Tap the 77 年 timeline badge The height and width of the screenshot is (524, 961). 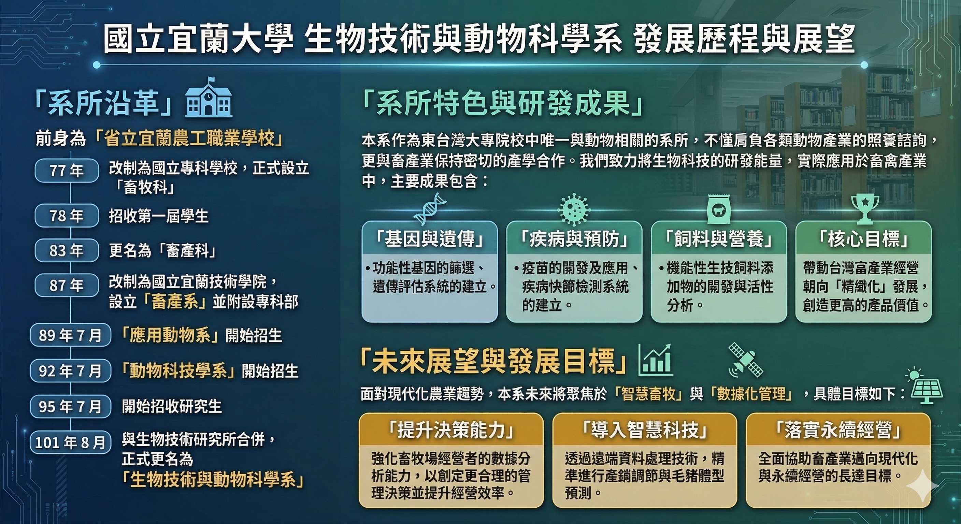67,171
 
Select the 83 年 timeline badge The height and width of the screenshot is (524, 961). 67,250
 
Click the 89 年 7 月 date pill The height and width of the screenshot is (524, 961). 71,335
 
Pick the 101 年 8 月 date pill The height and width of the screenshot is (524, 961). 71,442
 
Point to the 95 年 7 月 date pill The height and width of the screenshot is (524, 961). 71,406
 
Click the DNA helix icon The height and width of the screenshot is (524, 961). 430,209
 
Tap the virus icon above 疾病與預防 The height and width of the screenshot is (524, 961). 574,209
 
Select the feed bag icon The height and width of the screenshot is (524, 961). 718,210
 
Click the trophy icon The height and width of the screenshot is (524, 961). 865,209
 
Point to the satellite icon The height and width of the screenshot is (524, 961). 745,360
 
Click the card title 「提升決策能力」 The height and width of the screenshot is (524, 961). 451,430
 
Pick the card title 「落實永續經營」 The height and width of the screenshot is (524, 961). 838,430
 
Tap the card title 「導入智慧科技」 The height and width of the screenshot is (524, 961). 645,430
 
